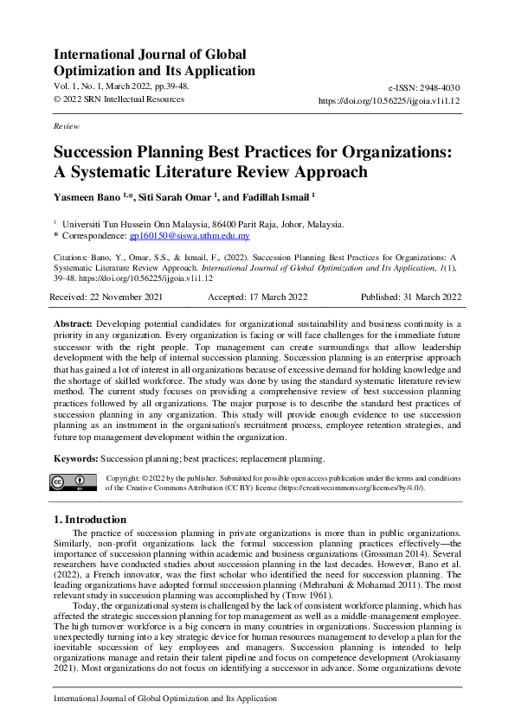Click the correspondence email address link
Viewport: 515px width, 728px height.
point(196,235)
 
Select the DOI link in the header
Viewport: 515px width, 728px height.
point(389,100)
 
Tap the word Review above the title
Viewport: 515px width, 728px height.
point(66,126)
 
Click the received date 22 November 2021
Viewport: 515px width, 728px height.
point(106,297)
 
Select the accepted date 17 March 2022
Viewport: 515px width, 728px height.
point(258,297)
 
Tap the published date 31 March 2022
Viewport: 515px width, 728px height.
point(412,297)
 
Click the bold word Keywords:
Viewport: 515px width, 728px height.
point(76,457)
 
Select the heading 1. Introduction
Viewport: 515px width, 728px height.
point(90,520)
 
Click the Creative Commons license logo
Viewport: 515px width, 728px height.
point(74,482)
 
